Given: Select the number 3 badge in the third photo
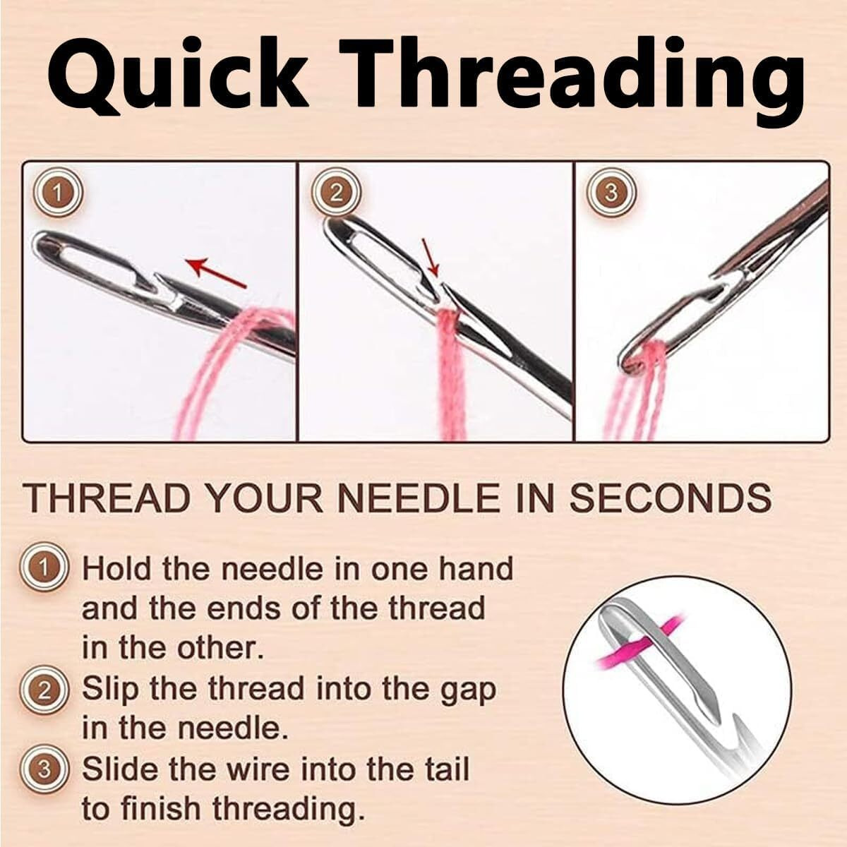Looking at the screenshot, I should [612, 193].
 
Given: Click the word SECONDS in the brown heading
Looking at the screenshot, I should [669, 498].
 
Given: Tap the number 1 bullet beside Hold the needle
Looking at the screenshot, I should [46, 567].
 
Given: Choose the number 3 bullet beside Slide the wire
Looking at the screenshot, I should [46, 769].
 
